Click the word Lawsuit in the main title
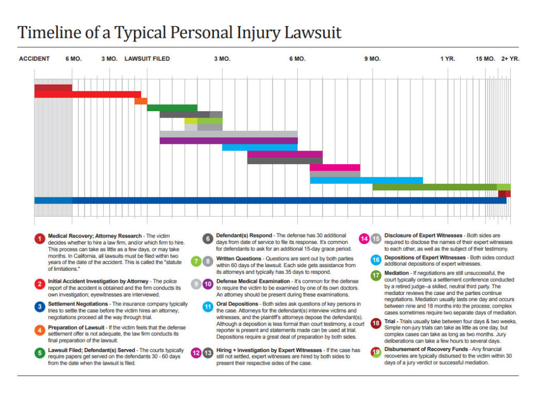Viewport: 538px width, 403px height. click(311, 33)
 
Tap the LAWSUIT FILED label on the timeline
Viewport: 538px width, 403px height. click(147, 59)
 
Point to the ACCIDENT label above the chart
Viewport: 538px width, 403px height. click(34, 59)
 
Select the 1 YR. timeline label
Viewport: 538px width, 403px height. click(448, 59)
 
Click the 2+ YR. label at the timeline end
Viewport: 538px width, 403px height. click(510, 59)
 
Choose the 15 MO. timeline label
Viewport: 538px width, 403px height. click(485, 59)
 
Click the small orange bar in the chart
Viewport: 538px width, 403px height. click(141, 101)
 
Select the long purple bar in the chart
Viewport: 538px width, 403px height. click(229, 141)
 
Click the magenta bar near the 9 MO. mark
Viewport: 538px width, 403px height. click(335, 167)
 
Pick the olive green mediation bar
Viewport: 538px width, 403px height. click(434, 187)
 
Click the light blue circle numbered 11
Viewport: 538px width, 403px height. click(208, 306)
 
